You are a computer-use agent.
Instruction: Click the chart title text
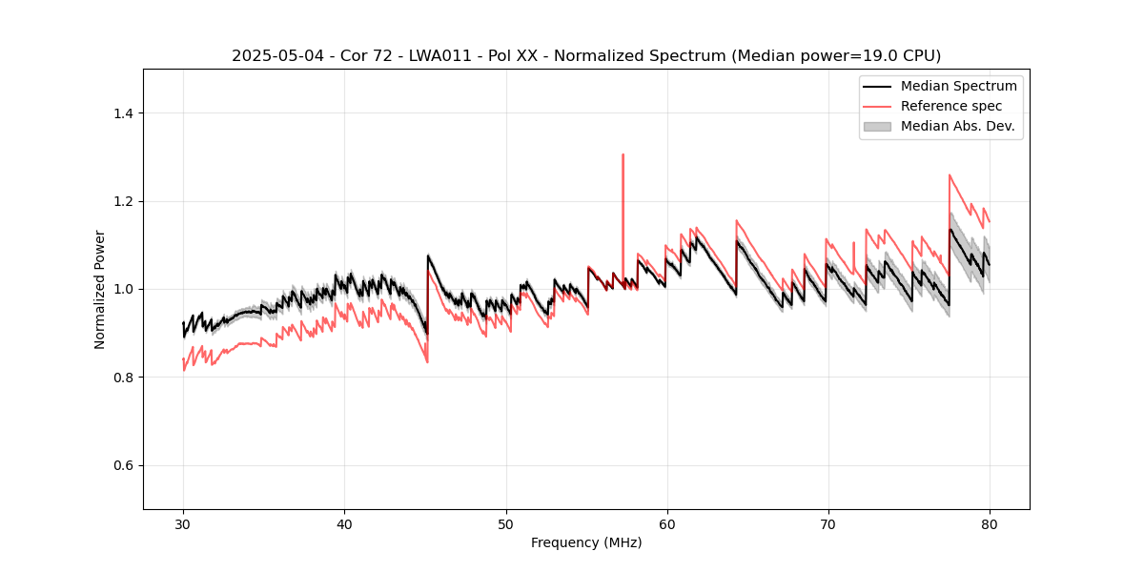[x=586, y=55]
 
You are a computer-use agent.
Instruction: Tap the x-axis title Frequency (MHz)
[x=586, y=542]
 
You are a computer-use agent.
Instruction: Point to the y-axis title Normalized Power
[x=100, y=289]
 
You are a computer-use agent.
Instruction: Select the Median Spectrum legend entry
[x=958, y=86]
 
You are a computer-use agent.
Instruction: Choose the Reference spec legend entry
[x=950, y=106]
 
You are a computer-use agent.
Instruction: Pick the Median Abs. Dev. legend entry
[x=957, y=126]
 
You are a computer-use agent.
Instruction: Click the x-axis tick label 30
[x=183, y=523]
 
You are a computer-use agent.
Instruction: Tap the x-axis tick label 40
[x=344, y=523]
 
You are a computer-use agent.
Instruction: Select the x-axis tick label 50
[x=505, y=523]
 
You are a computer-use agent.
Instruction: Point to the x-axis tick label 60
[x=667, y=523]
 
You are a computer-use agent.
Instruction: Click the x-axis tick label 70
[x=828, y=523]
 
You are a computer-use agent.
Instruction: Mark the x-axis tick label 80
[x=990, y=523]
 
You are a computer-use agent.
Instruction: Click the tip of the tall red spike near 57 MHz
[x=623, y=154]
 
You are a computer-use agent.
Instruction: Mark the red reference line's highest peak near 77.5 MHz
[x=950, y=174]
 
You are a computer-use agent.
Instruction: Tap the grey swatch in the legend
[x=876, y=126]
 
